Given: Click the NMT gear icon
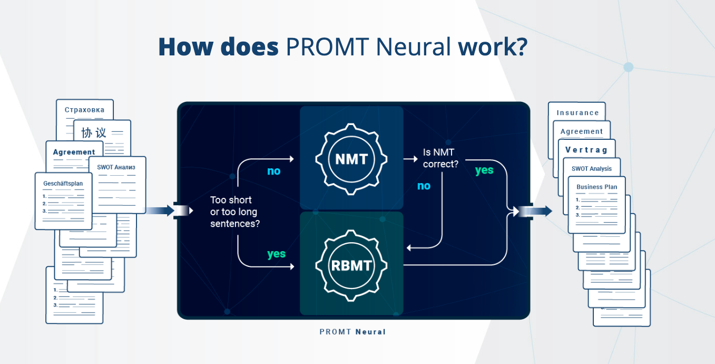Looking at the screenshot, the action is [351, 159].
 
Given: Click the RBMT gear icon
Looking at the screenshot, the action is [351, 265].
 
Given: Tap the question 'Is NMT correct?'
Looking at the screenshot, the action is [440, 158].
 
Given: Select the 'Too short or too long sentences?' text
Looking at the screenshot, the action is [235, 212].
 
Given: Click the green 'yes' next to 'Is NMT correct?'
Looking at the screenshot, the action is [484, 170].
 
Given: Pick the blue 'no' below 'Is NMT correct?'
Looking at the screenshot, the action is [424, 186].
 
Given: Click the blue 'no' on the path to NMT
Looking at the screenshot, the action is [274, 171].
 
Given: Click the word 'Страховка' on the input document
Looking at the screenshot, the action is [85, 110].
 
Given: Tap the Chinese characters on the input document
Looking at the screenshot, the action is [94, 132].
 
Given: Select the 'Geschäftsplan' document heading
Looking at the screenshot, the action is [63, 184].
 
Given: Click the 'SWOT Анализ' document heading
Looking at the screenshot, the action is [116, 167].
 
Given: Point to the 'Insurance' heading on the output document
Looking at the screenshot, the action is [578, 113].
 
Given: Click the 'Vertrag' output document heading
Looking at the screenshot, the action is [586, 150].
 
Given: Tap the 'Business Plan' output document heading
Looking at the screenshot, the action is [597, 187].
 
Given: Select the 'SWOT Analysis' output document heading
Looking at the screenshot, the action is [592, 169].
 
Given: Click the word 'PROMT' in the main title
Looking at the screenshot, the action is [328, 47].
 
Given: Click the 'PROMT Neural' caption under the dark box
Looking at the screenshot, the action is [352, 332].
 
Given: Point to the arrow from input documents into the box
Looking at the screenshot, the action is [160, 210].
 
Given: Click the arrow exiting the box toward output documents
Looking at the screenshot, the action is [536, 211].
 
